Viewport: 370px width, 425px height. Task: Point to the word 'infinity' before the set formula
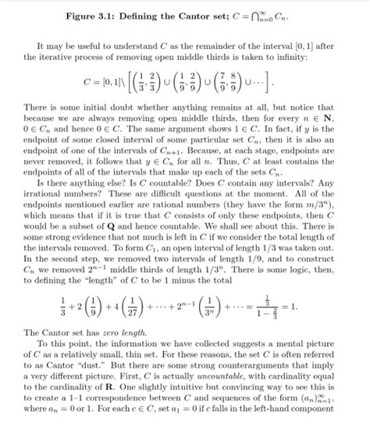click(322, 58)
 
